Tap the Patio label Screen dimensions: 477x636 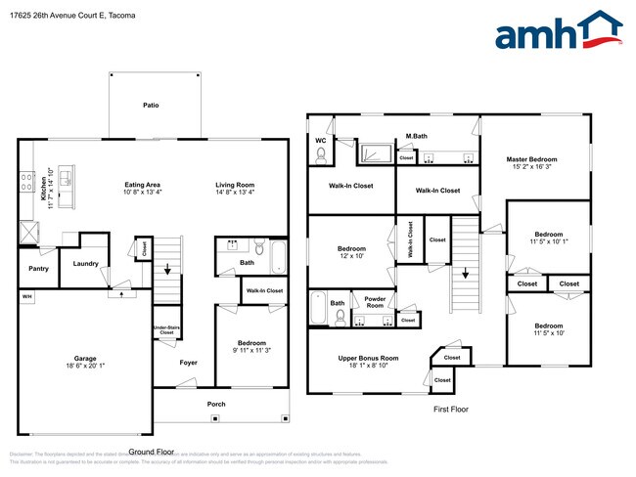click(x=151, y=105)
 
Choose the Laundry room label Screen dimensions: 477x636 click(x=84, y=262)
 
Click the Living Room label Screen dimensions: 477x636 click(x=235, y=185)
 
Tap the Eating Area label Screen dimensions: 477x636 click(x=142, y=185)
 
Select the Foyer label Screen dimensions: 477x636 click(x=188, y=363)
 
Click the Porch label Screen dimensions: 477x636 click(x=215, y=404)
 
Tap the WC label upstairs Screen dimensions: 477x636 click(x=320, y=140)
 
